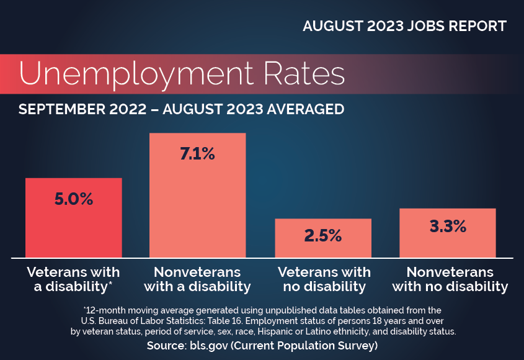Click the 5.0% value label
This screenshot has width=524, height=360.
74,199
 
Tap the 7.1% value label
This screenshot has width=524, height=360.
197,154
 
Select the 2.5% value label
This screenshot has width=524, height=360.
323,236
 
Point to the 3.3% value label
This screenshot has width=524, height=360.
448,226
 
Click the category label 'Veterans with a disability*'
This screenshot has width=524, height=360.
74,279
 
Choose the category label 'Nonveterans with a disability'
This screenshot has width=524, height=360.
197,279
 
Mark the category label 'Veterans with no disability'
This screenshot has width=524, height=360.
324,279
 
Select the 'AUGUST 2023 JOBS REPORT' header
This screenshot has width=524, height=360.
404,27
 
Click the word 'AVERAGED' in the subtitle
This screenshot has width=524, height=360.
305,109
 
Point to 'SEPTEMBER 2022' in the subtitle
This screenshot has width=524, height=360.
77,109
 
